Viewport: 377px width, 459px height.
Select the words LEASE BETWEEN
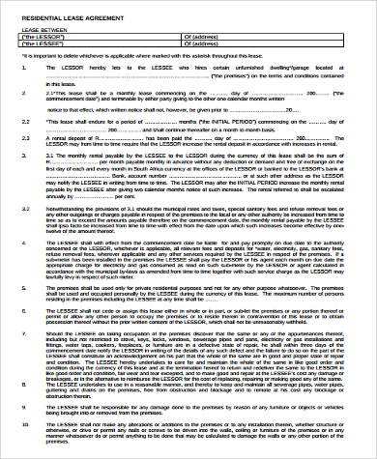click(42, 30)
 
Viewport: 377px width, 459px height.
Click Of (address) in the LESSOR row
click(201, 37)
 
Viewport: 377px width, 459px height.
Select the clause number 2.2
click(26, 125)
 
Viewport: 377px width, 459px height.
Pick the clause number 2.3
click(26, 139)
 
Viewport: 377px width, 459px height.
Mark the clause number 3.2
click(26, 208)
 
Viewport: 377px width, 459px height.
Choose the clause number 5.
click(26, 287)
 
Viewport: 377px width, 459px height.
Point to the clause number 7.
click(26, 330)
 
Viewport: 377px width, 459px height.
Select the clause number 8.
click(26, 381)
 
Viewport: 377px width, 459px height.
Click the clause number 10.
click(26, 424)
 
